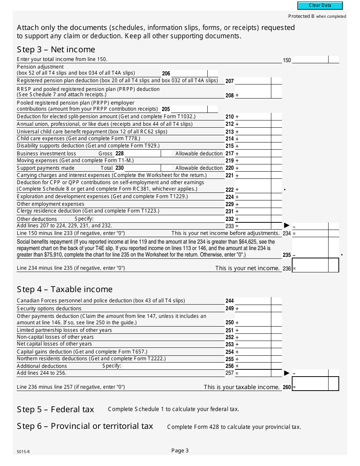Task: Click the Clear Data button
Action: coord(320,6)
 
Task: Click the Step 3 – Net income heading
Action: coord(56,50)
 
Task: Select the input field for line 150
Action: coord(310,59)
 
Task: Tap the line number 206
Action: coord(166,73)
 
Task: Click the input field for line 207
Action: coord(253,81)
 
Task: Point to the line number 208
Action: coord(230,95)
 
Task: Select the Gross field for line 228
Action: coord(142,153)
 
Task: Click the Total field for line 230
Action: coord(142,168)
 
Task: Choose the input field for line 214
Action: coord(253,139)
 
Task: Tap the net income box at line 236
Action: coord(310,265)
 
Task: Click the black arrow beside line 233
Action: coord(286,225)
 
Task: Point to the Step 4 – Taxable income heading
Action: coord(65,289)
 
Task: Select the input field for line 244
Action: coord(253,301)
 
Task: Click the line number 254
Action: coord(230,352)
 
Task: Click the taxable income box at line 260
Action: coord(310,384)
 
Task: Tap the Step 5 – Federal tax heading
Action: coord(55,410)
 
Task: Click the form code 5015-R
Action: coord(23,452)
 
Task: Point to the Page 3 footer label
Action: coord(180,450)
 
